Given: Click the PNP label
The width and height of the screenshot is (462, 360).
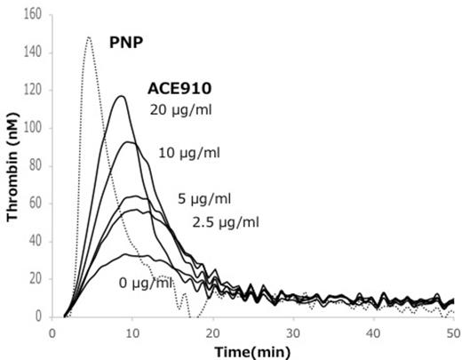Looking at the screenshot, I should click(x=127, y=41).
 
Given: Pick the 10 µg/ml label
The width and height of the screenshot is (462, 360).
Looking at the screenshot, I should click(x=188, y=152).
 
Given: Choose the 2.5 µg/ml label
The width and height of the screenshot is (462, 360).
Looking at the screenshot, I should click(x=223, y=220).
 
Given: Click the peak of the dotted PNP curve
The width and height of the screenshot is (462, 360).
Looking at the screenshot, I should click(x=89, y=37).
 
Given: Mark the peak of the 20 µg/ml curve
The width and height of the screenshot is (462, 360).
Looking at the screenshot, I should click(x=123, y=96).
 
